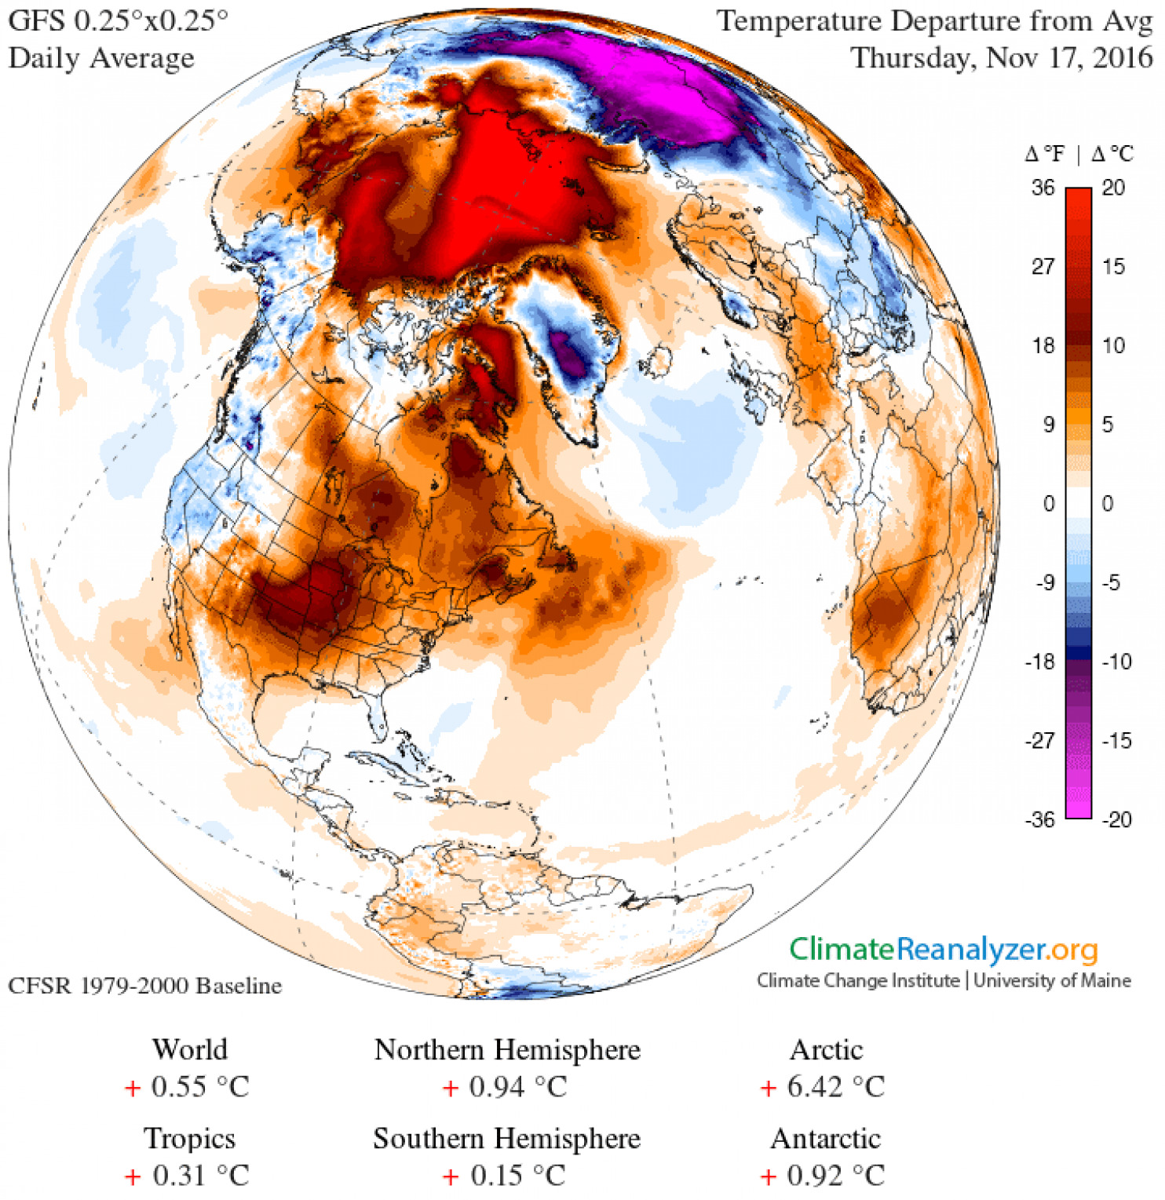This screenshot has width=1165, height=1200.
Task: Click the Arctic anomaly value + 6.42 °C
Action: tap(824, 1087)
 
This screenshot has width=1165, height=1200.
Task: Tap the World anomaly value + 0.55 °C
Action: tap(188, 1087)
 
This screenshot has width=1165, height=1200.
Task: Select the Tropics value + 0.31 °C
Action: tap(188, 1176)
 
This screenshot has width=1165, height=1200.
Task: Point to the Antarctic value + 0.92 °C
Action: tap(824, 1176)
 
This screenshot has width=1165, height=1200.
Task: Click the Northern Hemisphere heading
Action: tap(507, 1050)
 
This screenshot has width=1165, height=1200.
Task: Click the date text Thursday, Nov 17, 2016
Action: tap(1002, 58)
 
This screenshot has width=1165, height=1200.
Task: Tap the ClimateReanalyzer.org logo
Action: tap(943, 950)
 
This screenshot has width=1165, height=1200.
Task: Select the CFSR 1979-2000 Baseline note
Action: tap(145, 986)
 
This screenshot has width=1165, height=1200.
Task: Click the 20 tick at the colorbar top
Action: tap(1113, 188)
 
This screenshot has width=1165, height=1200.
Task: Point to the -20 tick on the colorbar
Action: tap(1116, 820)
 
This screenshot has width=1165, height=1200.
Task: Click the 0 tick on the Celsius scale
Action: tap(1107, 504)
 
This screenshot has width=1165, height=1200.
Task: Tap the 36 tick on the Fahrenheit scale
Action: tap(1043, 188)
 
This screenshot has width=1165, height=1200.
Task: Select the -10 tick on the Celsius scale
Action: tap(1116, 662)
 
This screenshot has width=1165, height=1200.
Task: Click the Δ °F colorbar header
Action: tap(1045, 154)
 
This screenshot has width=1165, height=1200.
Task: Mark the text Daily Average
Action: tap(101, 58)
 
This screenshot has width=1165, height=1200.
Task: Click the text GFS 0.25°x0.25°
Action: tap(118, 20)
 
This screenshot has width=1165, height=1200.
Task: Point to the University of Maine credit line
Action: tap(1052, 980)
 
